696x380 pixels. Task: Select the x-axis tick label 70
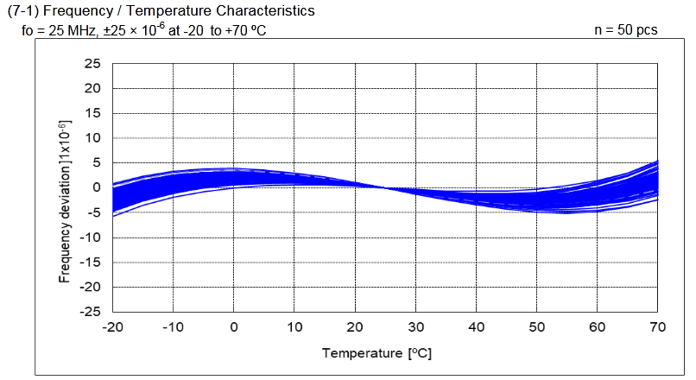[657, 327]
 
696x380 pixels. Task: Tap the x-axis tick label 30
[414, 327]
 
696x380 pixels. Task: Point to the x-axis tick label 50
[536, 327]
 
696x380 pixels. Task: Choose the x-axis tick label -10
[172, 327]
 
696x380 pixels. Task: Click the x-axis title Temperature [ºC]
[376, 353]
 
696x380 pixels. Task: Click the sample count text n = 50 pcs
[626, 29]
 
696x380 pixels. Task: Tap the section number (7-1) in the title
[23, 11]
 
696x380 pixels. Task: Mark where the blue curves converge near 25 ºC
[385, 187]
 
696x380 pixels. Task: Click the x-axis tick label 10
[294, 327]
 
